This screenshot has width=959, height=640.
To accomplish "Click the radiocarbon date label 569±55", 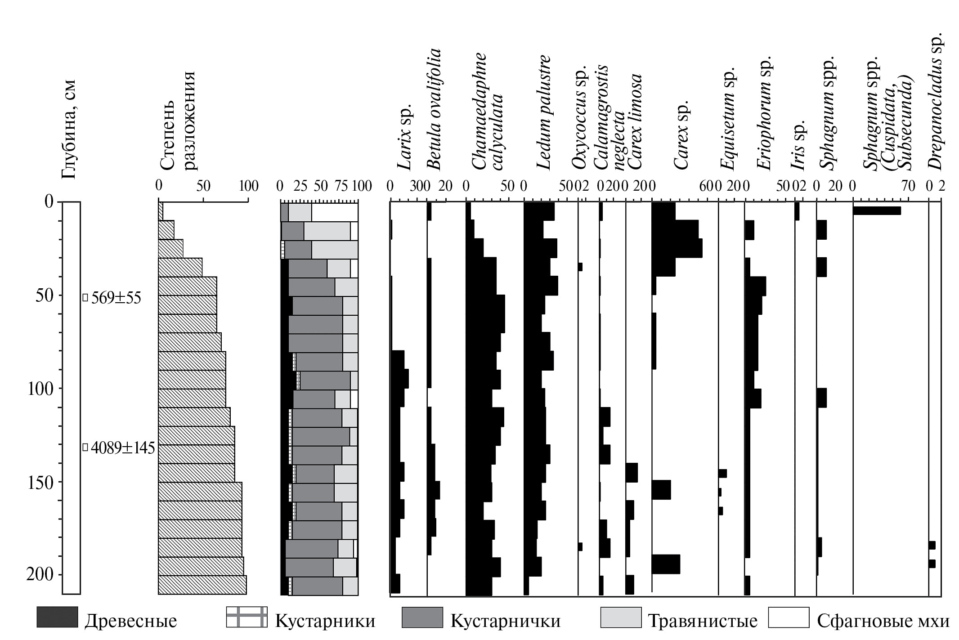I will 116,298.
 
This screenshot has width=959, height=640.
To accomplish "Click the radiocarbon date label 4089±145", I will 123,448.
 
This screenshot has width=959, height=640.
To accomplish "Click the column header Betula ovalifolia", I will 433,109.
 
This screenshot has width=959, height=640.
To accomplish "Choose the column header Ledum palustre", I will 543,112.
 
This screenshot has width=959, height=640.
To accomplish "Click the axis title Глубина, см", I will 69,130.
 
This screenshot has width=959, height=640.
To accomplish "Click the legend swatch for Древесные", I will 57,617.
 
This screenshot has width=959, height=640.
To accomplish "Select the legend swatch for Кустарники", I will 246,617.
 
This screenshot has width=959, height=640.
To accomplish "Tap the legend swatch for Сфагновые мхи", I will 789,617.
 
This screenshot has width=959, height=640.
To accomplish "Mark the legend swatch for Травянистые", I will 621,617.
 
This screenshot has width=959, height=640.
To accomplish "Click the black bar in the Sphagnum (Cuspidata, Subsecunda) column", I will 877,210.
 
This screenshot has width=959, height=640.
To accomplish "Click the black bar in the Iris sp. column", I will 797,211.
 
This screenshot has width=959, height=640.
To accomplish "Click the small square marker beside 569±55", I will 85,297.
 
